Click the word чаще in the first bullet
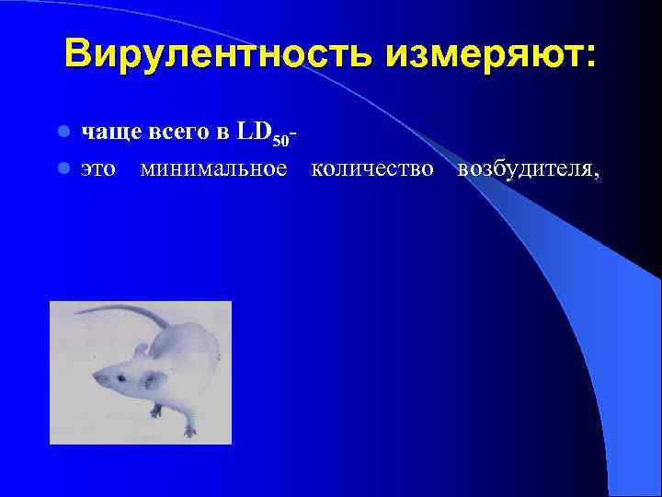108,133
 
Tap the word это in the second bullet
98,168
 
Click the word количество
371,168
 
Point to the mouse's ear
140,350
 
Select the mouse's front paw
189,430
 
